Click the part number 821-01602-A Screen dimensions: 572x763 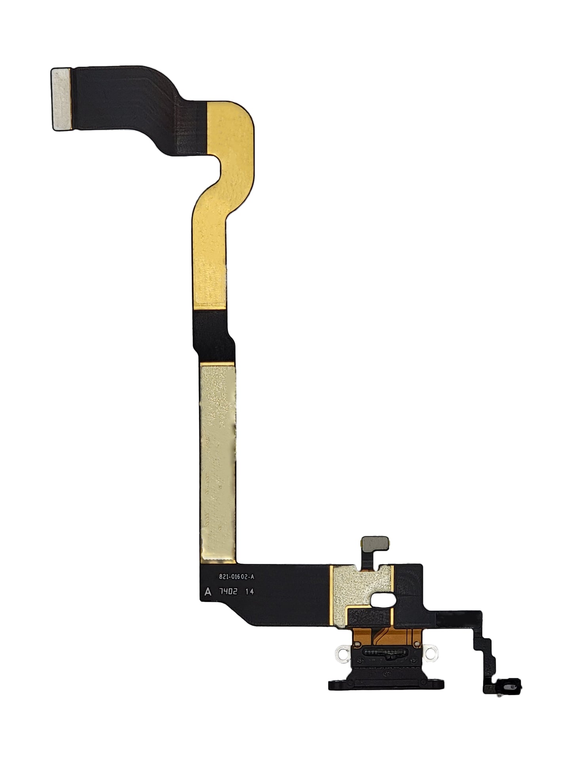236,577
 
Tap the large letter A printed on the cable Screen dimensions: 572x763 207,592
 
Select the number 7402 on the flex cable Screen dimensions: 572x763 229,592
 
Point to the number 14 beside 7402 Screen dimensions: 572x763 249,592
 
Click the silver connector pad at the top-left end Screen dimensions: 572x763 62,99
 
